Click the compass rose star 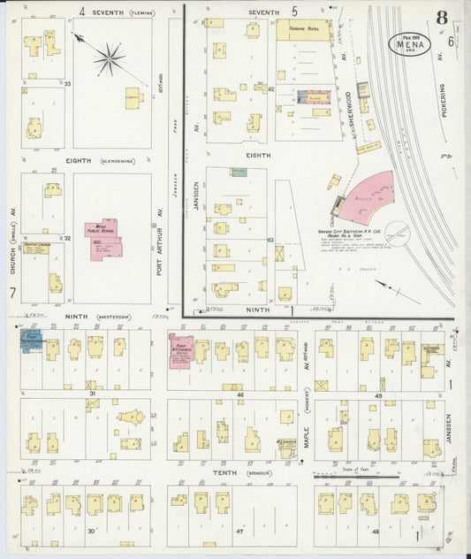click(109, 59)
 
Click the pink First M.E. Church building click(180, 348)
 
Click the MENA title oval click(410, 44)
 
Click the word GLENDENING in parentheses click(116, 161)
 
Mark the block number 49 click(377, 395)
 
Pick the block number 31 click(91, 393)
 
